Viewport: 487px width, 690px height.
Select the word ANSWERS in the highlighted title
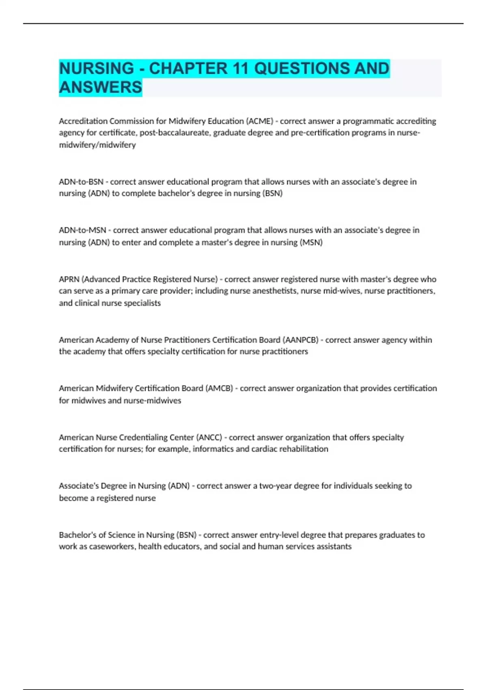coord(101,87)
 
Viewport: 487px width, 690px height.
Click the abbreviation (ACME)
coord(260,121)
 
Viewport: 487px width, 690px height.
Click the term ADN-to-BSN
coord(81,181)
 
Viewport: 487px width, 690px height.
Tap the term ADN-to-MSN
coord(82,230)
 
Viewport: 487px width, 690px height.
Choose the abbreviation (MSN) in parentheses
coord(311,242)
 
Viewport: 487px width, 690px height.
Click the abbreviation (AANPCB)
coord(300,340)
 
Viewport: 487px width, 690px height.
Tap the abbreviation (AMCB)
coord(219,388)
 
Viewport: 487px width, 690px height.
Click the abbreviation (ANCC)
coord(209,438)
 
